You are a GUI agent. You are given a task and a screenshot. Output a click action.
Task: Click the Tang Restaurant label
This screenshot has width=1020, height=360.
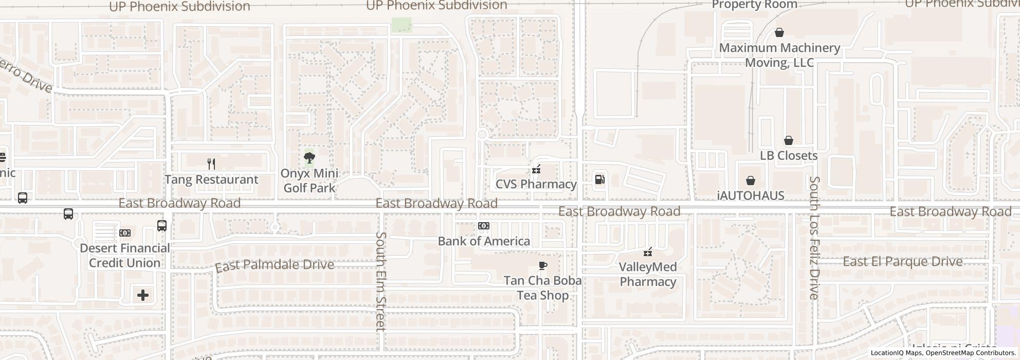pos(211,179)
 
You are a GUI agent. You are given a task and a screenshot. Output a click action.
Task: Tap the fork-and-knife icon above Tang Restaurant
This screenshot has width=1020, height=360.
pos(211,164)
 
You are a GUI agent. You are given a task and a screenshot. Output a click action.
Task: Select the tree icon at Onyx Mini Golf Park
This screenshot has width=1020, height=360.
pos(309,158)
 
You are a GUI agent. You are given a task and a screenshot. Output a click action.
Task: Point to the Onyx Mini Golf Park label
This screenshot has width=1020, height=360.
pos(309,181)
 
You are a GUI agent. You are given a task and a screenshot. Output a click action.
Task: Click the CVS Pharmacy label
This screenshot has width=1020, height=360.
pos(536,184)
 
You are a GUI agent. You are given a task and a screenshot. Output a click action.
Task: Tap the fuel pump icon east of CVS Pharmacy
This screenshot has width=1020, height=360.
pos(599,179)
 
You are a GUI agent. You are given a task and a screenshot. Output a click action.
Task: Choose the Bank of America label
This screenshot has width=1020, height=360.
pos(484,241)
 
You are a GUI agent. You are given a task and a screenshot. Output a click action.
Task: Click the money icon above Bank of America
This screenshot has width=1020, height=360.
pos(484,226)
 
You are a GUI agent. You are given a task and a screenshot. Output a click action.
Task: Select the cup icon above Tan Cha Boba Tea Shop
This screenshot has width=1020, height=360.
pos(542,265)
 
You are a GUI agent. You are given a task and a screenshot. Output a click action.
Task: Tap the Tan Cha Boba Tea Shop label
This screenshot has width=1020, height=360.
pos(542,288)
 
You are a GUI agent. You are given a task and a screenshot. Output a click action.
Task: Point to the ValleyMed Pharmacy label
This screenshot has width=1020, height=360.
pos(648,274)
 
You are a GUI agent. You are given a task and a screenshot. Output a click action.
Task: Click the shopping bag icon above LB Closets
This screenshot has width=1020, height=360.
pos(788,140)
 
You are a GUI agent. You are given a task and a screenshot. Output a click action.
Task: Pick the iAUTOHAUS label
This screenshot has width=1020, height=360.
pos(751,196)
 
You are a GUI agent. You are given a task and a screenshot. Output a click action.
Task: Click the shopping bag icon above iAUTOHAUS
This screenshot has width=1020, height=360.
pos(751,181)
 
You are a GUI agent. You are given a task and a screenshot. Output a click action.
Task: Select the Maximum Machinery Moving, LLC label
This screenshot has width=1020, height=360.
pos(779,55)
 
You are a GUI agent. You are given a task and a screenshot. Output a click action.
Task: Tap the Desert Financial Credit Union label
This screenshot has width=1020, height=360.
pos(124,256)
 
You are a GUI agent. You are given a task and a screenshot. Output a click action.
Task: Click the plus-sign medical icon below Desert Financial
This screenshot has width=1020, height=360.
pos(143,295)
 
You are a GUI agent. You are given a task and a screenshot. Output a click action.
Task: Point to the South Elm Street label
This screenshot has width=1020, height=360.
pos(380,281)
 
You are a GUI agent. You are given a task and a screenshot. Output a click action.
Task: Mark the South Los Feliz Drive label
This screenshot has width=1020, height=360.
pos(814,238)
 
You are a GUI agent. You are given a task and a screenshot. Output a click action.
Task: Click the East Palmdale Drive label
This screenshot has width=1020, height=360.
pos(275,265)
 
